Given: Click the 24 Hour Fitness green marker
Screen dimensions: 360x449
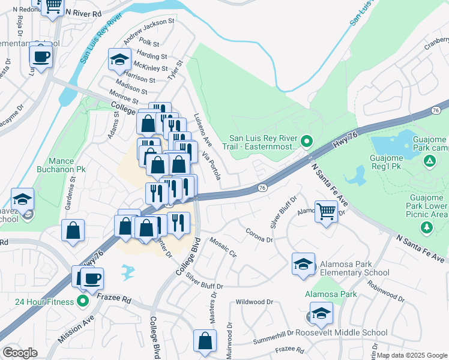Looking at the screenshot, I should [x=83, y=301].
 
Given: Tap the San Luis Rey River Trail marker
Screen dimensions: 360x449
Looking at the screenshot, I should [x=307, y=142].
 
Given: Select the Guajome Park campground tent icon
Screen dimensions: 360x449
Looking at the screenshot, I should [x=429, y=161].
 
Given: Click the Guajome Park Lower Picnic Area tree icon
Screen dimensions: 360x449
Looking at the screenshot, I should [x=427, y=227].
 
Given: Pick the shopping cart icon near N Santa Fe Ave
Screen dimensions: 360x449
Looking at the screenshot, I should [x=326, y=211].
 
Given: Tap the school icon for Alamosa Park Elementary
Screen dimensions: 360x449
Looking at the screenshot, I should [x=303, y=263].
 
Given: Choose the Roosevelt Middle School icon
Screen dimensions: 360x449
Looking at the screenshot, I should [x=321, y=313].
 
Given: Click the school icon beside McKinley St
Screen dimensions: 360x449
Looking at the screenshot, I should [x=119, y=59].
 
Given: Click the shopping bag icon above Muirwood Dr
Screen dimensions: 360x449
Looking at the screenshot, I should [x=205, y=340].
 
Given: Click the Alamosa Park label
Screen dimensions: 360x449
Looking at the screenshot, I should [x=330, y=294].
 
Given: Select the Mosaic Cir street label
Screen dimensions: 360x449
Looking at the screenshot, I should [x=223, y=247].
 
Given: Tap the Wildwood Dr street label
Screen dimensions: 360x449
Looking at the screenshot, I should [x=255, y=302].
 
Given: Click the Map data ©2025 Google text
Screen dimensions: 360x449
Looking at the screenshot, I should [x=411, y=355].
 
